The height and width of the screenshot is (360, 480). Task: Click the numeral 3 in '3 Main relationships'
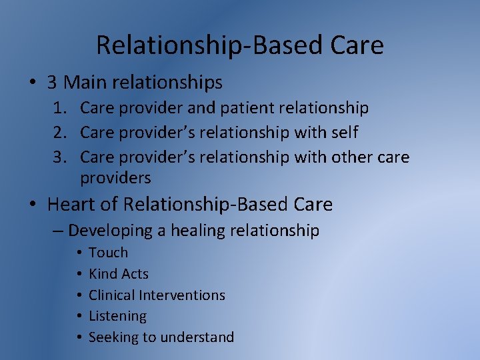coord(52,83)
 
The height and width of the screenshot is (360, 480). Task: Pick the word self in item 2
coord(344,133)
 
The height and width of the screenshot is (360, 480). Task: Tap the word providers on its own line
coord(115,179)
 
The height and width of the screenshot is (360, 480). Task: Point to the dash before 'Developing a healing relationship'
coord(57,231)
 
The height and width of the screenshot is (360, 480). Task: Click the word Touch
coord(108,253)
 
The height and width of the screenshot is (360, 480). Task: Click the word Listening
coord(117,316)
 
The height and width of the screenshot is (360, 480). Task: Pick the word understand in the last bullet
coord(199,337)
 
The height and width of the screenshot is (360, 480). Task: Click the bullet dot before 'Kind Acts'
coord(79,274)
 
